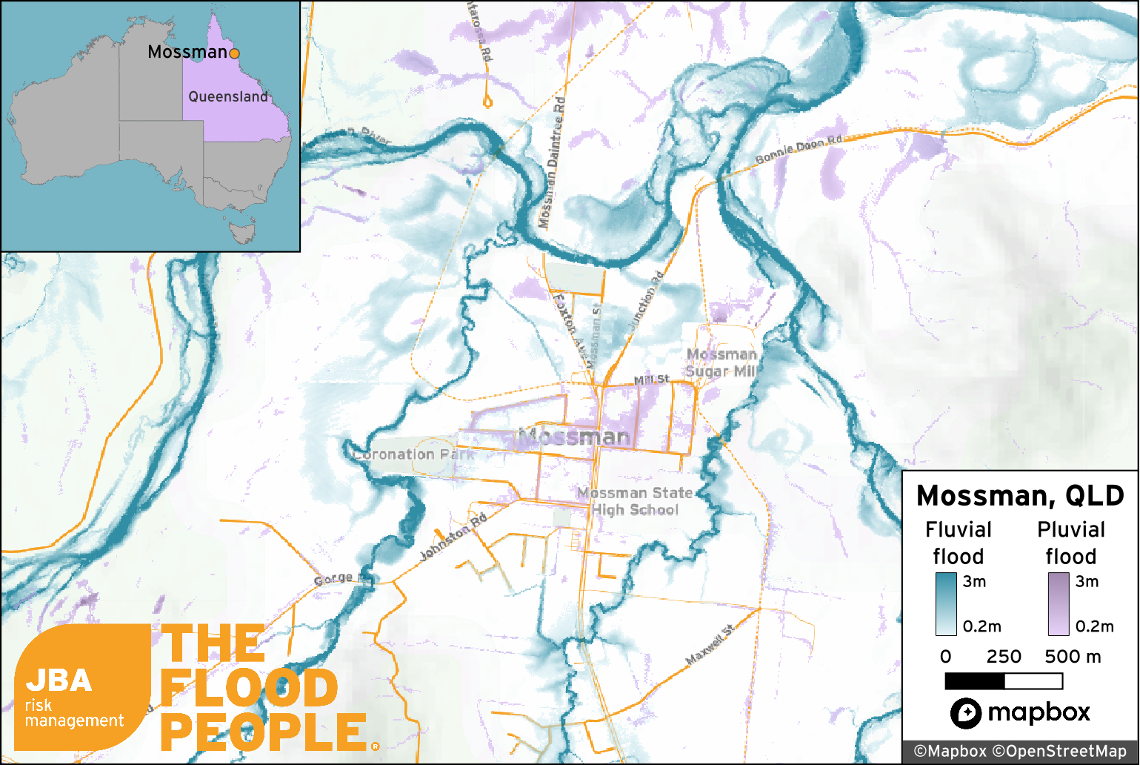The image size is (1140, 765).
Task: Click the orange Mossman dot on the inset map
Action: pos(234,53)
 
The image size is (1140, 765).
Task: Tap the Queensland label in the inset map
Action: pos(228,96)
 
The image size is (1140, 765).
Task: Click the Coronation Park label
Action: pos(414,454)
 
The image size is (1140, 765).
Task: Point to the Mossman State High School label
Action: pos(636,501)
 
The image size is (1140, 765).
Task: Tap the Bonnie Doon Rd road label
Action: pos(799,150)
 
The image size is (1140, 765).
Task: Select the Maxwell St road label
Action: pos(710,645)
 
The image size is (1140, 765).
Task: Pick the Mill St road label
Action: pos(651,380)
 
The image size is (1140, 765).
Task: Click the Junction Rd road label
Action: pos(646,300)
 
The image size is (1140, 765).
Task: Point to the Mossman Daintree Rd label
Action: pos(552,163)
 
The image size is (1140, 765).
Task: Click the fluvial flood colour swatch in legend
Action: pos(946,604)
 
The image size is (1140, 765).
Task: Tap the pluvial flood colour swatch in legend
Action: pos(1059,604)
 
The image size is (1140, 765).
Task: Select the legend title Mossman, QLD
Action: pos(1020,495)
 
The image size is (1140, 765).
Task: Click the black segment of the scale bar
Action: pos(975,680)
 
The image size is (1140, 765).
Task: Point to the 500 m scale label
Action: pos(1073,657)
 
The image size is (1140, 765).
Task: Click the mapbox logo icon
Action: pos(966,713)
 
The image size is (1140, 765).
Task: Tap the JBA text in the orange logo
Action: pos(59,680)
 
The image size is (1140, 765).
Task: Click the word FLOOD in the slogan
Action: pos(249,689)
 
